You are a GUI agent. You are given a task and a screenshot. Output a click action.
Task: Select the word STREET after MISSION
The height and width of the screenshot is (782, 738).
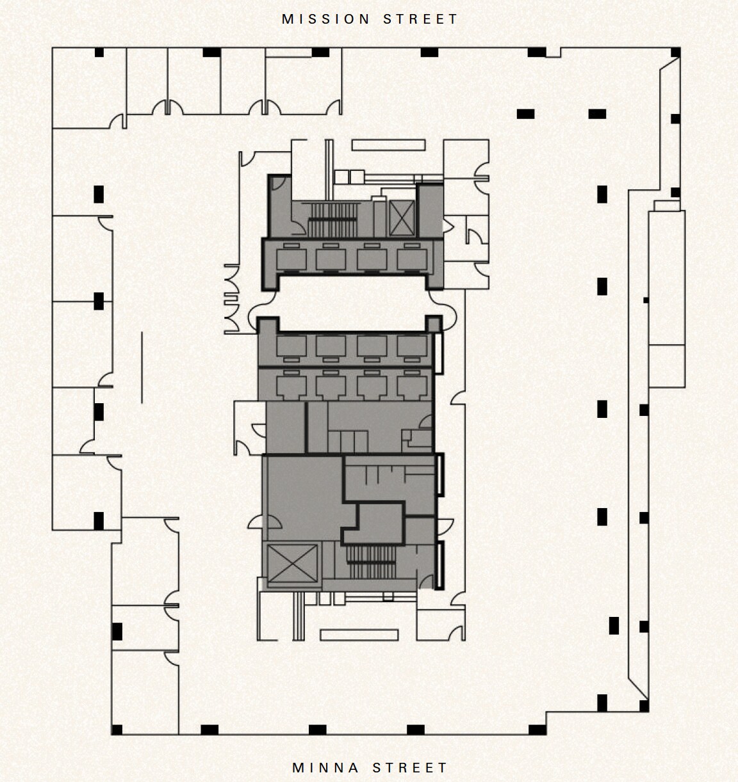(x=421, y=19)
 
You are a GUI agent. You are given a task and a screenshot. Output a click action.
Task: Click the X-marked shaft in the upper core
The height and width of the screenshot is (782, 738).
(x=402, y=218)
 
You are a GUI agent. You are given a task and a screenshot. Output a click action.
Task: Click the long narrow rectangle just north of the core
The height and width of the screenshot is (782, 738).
(x=388, y=145)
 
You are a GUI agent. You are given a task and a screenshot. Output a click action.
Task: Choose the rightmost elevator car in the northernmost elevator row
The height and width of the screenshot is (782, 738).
(x=412, y=258)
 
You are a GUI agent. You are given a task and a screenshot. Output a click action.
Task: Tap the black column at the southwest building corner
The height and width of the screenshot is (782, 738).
(x=117, y=730)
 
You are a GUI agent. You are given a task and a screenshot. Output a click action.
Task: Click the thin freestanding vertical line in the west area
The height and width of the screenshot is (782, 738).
(x=142, y=367)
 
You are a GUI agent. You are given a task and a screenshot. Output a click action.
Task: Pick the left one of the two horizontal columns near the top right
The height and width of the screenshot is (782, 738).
(x=525, y=114)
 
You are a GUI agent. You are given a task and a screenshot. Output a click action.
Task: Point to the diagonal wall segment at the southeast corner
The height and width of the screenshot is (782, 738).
(x=638, y=684)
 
